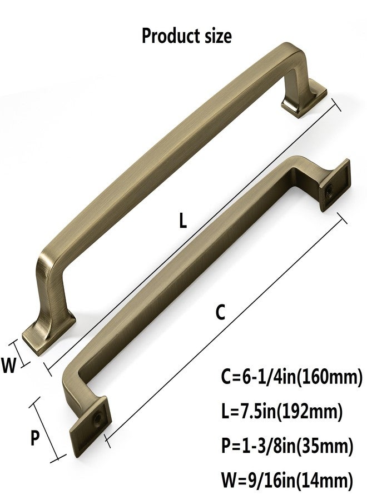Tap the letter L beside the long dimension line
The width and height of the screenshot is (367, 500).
[x=182, y=221]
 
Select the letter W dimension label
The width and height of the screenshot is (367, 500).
[x=8, y=366]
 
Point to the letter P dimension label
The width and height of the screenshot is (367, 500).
[x=35, y=438]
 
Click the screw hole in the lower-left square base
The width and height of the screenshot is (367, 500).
[x=97, y=417]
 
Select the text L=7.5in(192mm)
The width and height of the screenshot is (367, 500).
[x=282, y=412]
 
